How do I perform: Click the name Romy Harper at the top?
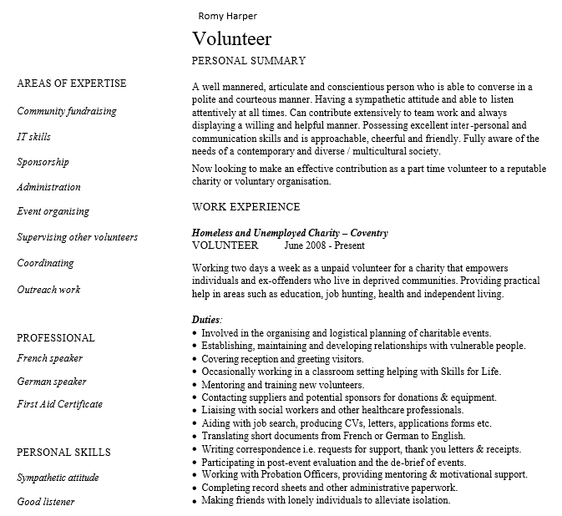tap(227, 16)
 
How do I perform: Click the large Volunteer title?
tap(232, 39)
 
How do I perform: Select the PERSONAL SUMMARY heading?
tap(249, 61)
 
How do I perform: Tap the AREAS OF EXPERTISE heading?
tap(72, 83)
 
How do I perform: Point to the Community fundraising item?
tap(67, 111)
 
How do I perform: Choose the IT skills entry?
tap(33, 136)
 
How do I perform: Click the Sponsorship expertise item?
tap(43, 162)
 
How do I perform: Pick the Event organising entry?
tap(53, 212)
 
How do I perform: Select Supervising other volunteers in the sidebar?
tap(78, 237)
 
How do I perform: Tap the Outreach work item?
tap(48, 290)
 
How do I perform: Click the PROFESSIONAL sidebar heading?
tap(56, 338)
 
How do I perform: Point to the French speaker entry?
tap(49, 359)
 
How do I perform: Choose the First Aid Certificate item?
tap(60, 404)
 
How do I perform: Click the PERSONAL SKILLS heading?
tap(63, 453)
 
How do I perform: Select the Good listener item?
tap(46, 502)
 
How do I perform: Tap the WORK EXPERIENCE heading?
tap(246, 207)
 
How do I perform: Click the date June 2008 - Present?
tap(324, 246)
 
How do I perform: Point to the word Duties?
tap(206, 320)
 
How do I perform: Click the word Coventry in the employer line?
tap(369, 233)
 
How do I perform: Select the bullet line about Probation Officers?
tap(364, 474)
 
